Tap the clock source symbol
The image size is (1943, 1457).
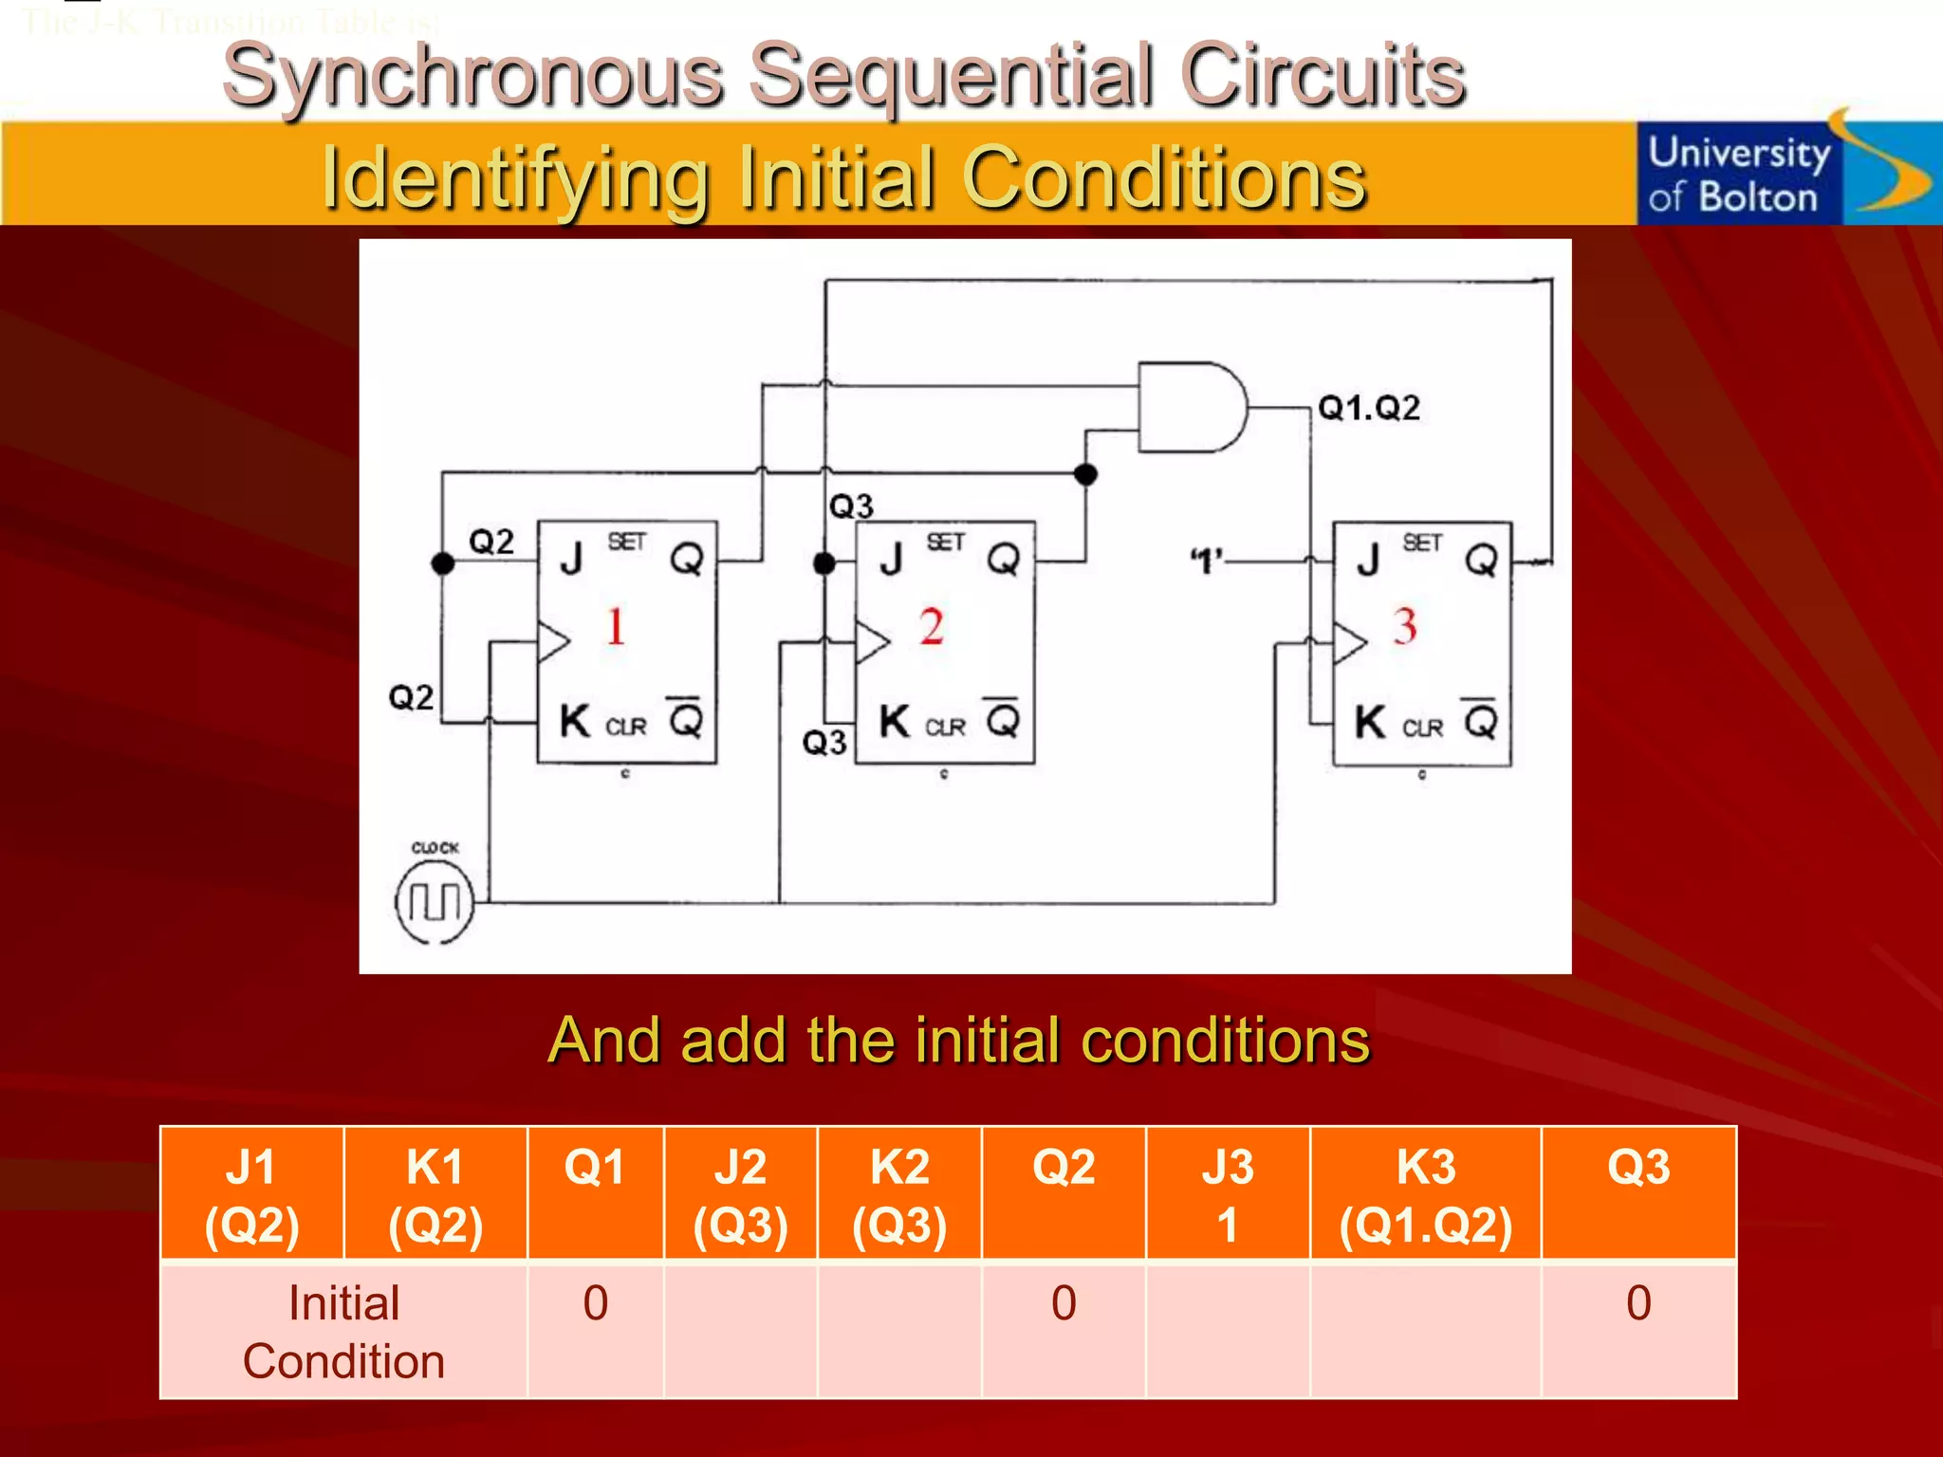(434, 901)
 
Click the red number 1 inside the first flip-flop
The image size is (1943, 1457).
(616, 627)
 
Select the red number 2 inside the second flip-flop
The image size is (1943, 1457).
(932, 627)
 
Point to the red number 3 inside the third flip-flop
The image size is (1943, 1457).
(1405, 627)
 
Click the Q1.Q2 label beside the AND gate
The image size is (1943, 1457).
(1369, 408)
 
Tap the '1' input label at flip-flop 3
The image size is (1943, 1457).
(1206, 562)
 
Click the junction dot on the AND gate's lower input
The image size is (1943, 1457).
(1086, 473)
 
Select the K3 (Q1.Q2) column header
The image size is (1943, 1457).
(1425, 1194)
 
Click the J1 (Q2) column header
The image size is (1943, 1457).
(251, 1194)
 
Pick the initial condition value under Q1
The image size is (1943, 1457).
(595, 1303)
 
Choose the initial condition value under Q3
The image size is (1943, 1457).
(1638, 1303)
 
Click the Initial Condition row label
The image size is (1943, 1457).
(343, 1331)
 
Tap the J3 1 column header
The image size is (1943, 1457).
(1228, 1194)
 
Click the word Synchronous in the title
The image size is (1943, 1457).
(472, 76)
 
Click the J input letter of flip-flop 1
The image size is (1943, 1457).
(571, 559)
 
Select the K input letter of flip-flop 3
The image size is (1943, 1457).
(1370, 723)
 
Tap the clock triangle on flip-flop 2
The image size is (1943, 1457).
(872, 642)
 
